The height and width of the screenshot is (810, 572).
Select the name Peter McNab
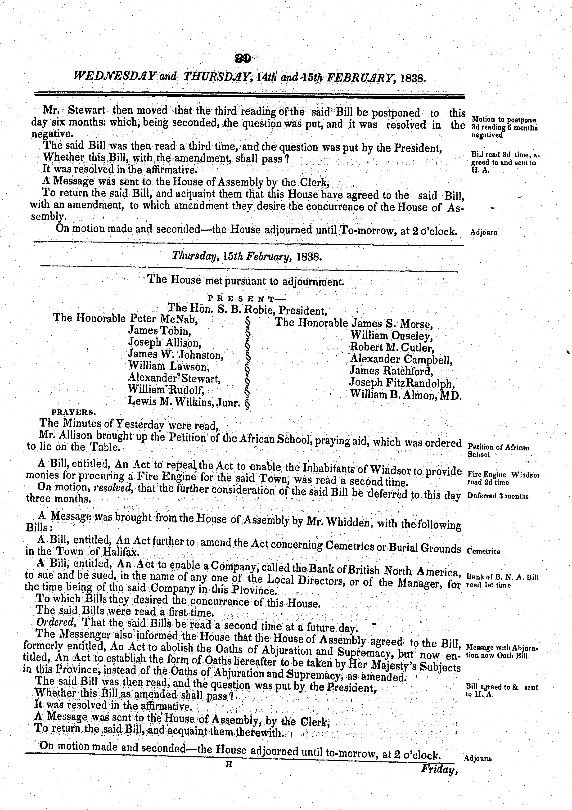[x=163, y=318]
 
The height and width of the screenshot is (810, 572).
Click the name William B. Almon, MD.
[x=406, y=395]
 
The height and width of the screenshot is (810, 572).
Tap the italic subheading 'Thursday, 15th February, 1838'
[x=246, y=256]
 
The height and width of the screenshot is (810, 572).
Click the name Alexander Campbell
[x=401, y=359]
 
